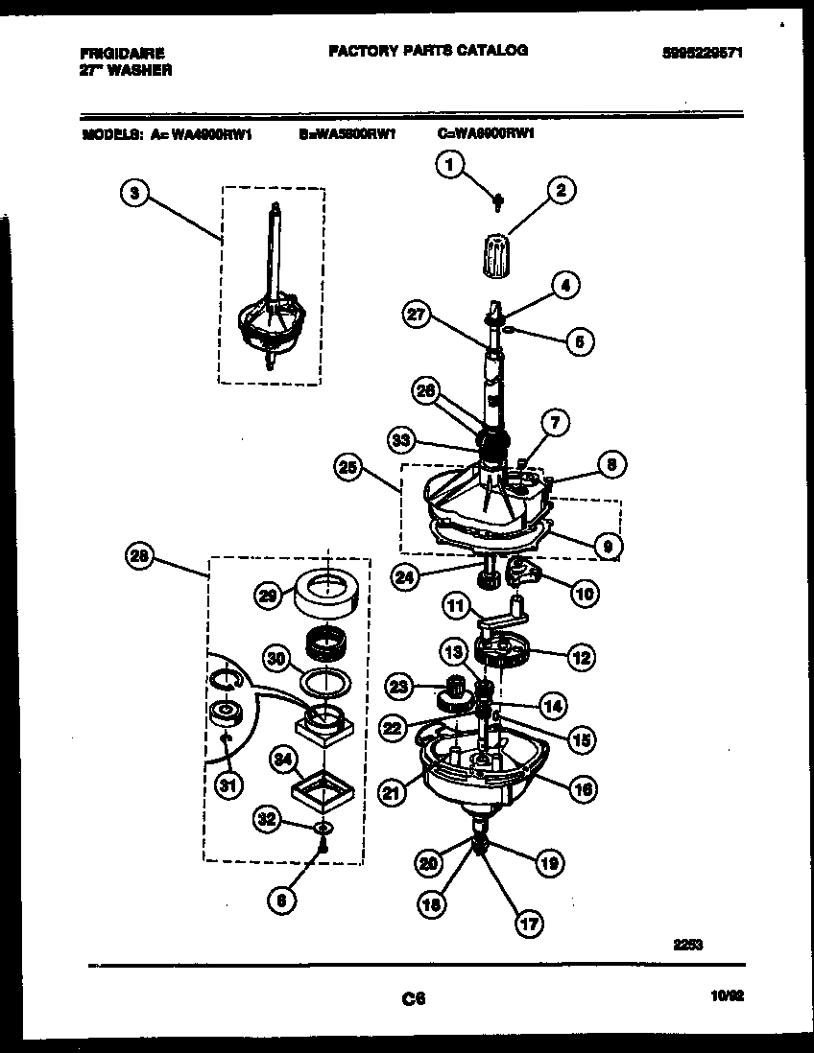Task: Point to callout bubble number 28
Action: click(140, 555)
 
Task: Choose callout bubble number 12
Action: click(581, 657)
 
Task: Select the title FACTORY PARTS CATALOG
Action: click(427, 50)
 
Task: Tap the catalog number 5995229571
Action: click(703, 55)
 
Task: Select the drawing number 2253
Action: click(687, 944)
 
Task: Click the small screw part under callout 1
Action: click(498, 201)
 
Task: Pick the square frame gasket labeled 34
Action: click(323, 793)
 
